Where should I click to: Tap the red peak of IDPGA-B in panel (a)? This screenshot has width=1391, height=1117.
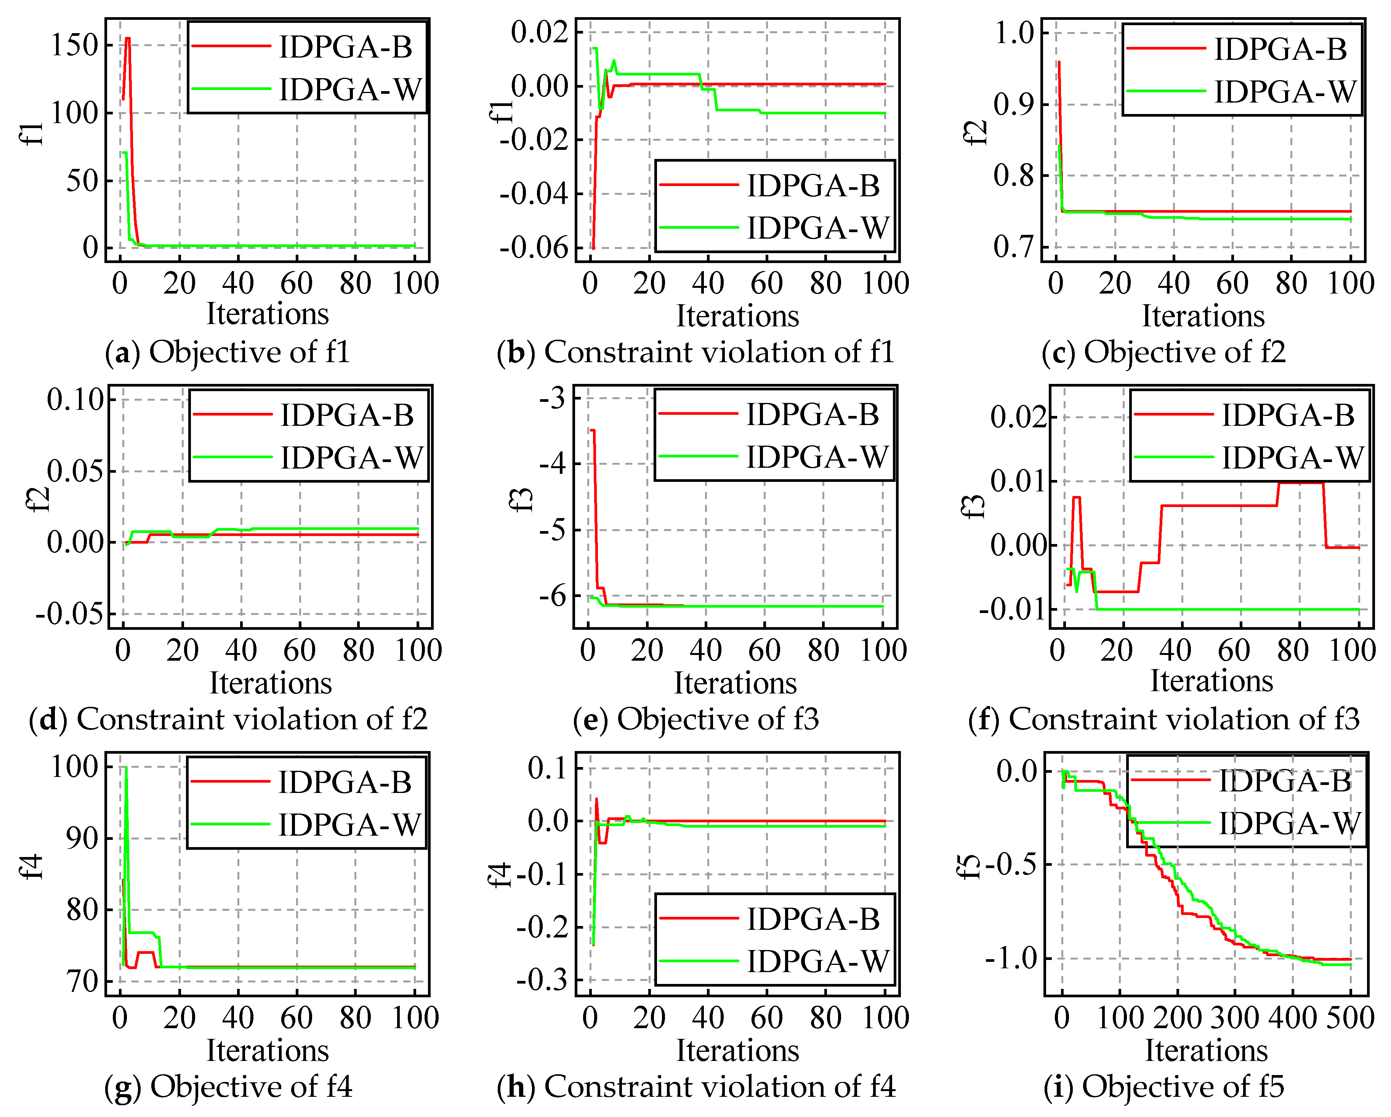(127, 39)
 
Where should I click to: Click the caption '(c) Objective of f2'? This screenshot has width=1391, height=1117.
(1163, 352)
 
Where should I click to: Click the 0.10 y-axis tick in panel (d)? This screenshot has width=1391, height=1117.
(75, 400)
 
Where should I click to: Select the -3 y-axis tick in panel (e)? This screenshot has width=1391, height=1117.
(553, 398)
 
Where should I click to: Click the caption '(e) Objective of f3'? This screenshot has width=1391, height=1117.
(695, 719)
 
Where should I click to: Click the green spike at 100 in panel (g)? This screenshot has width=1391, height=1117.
(126, 768)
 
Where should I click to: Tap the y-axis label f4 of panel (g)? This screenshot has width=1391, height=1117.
(32, 867)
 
